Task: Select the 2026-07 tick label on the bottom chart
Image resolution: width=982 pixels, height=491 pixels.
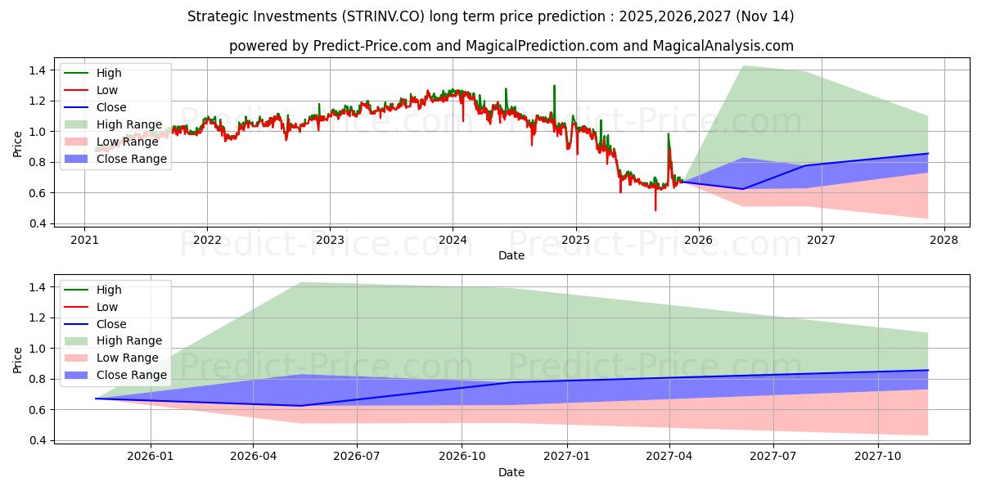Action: point(358,456)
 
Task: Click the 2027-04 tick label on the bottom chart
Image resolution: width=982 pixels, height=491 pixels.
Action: point(670,456)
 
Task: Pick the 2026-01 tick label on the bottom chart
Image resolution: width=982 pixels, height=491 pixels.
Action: point(151,456)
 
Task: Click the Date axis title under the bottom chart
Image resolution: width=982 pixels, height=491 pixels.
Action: point(511,472)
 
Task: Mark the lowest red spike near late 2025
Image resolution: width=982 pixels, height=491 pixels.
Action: point(655,209)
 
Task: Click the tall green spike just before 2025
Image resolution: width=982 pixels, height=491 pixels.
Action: point(554,86)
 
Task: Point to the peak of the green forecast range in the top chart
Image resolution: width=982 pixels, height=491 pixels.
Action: point(742,65)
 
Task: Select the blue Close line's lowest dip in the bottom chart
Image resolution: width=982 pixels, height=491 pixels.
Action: point(300,406)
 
